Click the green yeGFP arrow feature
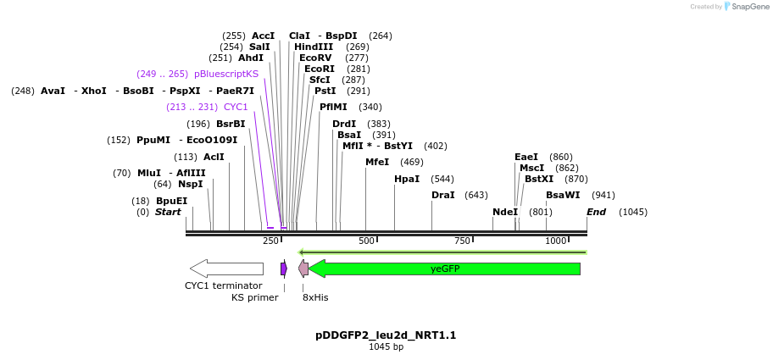[x=445, y=269]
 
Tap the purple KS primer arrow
[x=284, y=269]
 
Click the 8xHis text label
[x=315, y=297]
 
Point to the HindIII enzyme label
[x=313, y=47]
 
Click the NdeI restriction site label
[x=505, y=212]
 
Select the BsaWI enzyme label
[x=563, y=195]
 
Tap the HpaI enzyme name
[x=407, y=179]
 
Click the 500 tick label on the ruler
[x=366, y=241]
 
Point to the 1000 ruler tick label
[x=556, y=241]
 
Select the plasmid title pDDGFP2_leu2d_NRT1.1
[x=386, y=335]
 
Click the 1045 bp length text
[x=386, y=346]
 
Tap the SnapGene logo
[x=743, y=7]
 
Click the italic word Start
[x=168, y=212]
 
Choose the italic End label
[x=596, y=212]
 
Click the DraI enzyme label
[x=443, y=195]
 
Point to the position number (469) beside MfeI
[x=411, y=162]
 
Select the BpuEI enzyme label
[x=171, y=201]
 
